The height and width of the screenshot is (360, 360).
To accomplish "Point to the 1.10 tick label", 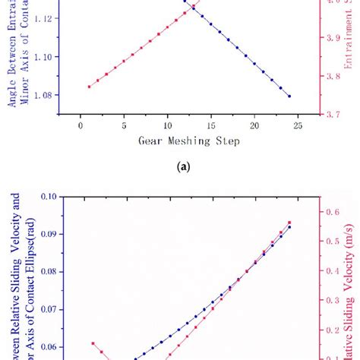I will pyautogui.click(x=47, y=57).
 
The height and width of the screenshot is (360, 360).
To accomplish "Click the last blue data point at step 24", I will pyautogui.click(x=289, y=96).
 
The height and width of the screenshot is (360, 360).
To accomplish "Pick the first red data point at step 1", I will pyautogui.click(x=89, y=87).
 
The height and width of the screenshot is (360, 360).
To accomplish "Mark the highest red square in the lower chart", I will pyautogui.click(x=289, y=223).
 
